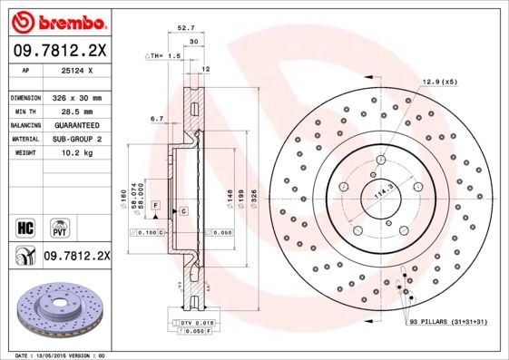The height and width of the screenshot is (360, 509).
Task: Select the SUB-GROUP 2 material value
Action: [x=77, y=138]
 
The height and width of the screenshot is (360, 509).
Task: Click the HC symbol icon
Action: [x=25, y=225]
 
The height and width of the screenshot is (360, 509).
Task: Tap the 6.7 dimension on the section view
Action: [x=155, y=119]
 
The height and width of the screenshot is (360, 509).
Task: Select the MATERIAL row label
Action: [x=23, y=138]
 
